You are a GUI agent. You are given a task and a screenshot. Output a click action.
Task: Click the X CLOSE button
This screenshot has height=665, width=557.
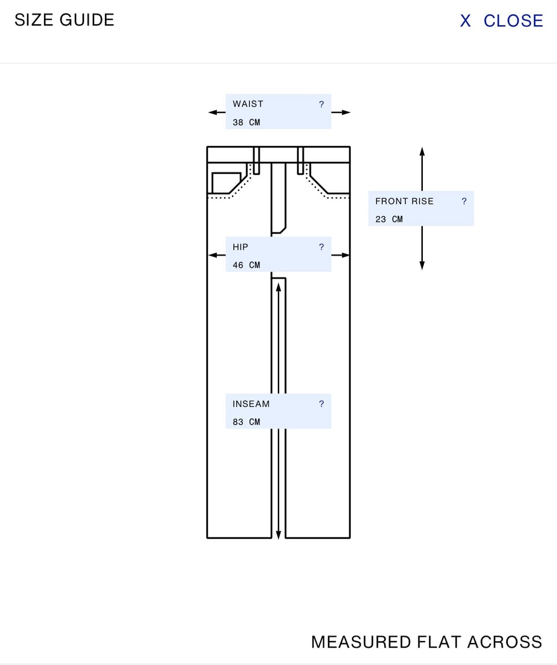pos(501,21)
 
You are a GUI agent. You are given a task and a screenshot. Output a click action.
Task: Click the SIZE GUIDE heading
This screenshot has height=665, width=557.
pos(64,20)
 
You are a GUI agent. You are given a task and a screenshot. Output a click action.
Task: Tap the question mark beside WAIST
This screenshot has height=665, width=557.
pos(321,104)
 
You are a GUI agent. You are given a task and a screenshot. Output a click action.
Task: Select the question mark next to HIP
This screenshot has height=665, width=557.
pos(321,247)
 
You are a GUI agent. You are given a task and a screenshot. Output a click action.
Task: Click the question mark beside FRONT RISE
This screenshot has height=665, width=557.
pos(464,201)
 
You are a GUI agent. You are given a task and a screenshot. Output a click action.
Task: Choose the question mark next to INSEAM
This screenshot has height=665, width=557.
pos(321,404)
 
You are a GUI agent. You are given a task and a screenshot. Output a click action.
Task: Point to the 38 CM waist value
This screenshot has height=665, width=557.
pos(246,122)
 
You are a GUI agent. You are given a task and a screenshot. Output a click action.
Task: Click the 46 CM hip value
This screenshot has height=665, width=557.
pos(246,265)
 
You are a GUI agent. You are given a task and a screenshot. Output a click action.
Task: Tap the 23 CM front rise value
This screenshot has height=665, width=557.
pos(389,219)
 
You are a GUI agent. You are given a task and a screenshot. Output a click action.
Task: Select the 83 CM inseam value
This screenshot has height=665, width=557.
pos(246,422)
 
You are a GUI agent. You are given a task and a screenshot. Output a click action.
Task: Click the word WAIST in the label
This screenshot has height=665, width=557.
pos(248,104)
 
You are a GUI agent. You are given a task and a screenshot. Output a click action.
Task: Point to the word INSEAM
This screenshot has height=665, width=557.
pos(251,404)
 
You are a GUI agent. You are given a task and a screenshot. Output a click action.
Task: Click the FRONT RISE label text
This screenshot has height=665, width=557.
pos(404,201)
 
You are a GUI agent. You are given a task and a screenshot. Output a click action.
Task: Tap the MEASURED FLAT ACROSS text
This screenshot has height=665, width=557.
pos(426,642)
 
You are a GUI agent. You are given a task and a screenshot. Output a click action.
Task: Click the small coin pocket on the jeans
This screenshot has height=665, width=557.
pos(226,183)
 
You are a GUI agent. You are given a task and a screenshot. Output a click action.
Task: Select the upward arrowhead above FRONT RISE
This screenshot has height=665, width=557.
pos(422,152)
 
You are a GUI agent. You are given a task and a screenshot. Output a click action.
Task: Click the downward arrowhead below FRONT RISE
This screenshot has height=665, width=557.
pos(422,265)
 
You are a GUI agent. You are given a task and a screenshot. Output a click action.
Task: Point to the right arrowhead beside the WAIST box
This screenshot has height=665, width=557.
pos(346,112)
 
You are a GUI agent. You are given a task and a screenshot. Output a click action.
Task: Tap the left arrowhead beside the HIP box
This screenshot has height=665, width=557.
pos(213,255)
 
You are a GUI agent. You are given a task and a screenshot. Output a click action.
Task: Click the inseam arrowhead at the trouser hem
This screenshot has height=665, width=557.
pos(278,535)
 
